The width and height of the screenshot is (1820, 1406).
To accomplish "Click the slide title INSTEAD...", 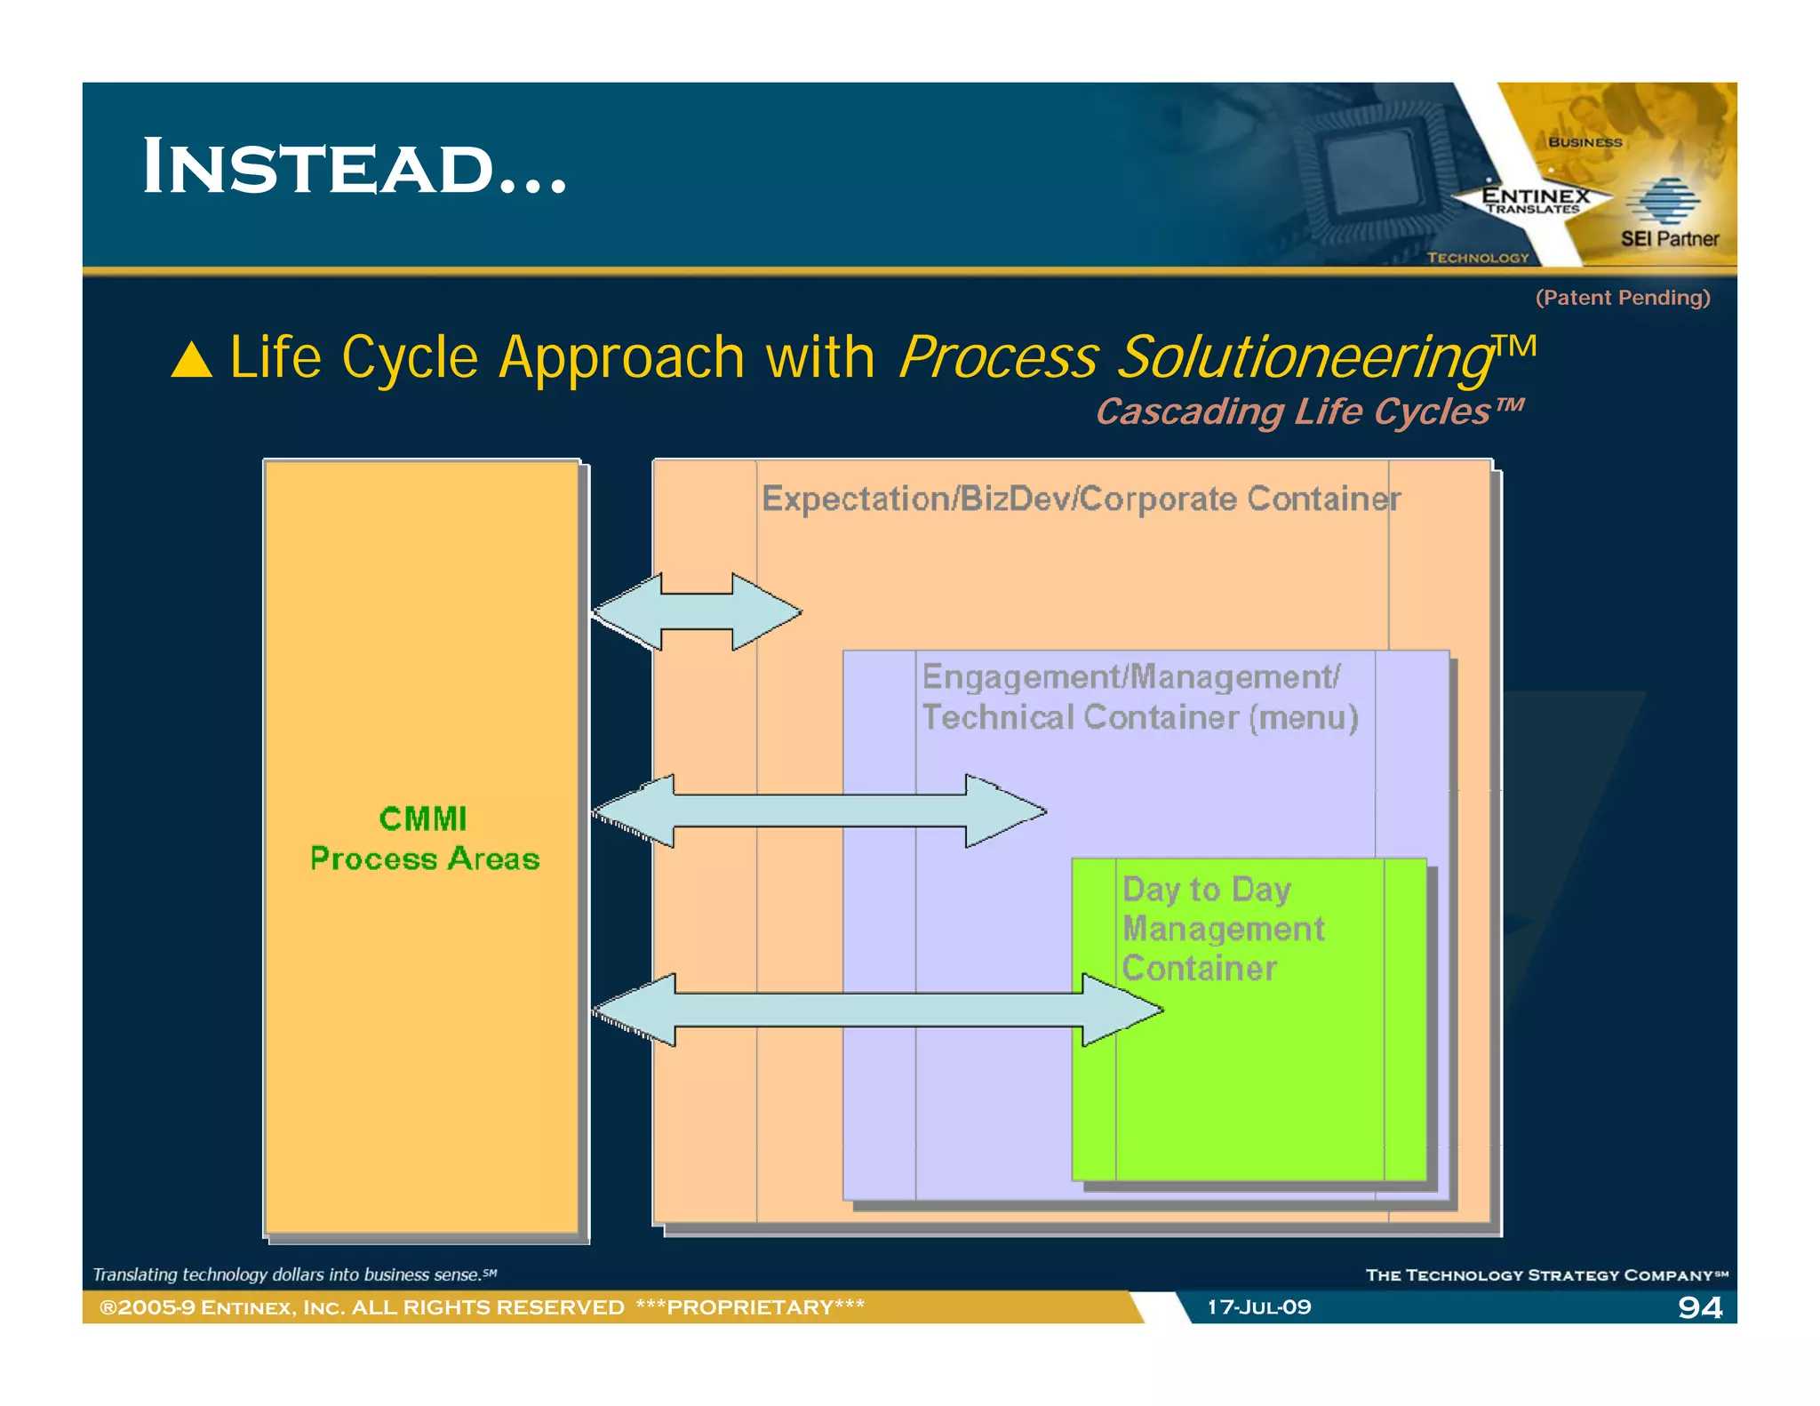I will pos(354,167).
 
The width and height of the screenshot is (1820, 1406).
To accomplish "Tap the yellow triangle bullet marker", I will pos(192,361).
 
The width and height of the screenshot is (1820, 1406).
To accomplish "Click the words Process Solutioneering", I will pos(1195,357).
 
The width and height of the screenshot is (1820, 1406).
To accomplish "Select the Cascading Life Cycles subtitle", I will pos(1308,411).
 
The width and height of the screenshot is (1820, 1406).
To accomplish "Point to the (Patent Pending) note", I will pos(1622,298).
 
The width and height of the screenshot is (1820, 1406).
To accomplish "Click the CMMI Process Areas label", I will pos(424,838).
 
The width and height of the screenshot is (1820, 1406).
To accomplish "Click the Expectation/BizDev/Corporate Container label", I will pos(1081,499).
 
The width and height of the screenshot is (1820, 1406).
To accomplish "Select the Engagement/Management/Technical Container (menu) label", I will pos(1139,697).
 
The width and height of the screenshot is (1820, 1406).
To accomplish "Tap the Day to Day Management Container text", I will pos(1222,928).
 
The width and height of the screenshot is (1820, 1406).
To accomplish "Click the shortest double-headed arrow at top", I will pos(698,611).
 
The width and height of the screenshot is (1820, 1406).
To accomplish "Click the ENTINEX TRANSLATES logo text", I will pos(1534,200).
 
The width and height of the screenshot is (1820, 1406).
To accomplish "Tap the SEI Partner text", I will pos(1669,239).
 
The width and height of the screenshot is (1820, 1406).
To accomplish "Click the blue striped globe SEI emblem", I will pos(1664,201).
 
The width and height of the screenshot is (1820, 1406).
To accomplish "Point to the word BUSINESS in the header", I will pos(1585,142).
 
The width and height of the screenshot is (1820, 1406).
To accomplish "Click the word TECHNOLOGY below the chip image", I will pos(1477,258).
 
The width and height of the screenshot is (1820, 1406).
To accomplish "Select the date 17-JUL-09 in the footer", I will pos(1258,1306).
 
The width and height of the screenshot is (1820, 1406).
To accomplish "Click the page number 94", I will pos(1698,1306).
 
